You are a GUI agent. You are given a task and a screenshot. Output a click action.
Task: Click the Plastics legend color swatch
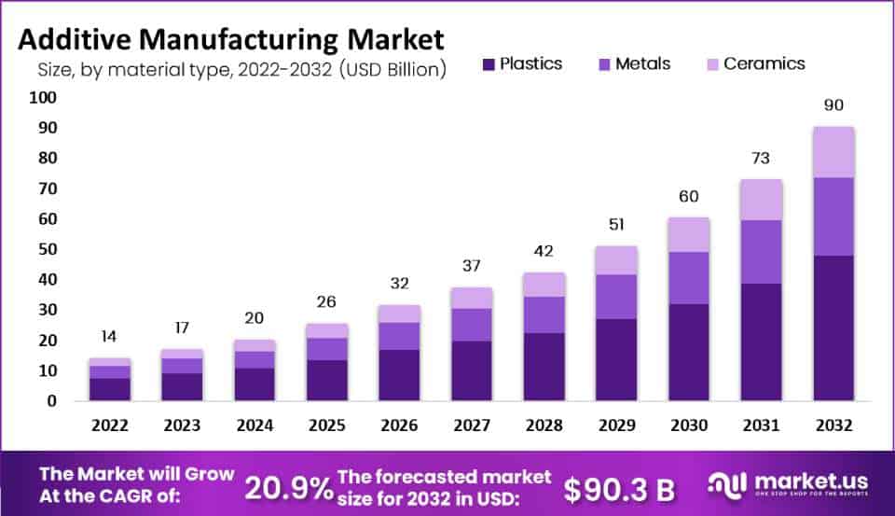(x=489, y=64)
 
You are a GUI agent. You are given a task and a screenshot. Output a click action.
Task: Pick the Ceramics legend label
(x=764, y=64)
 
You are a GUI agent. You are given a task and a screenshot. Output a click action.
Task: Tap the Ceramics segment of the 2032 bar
(x=833, y=152)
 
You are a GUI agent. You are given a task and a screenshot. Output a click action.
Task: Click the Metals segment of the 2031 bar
(x=762, y=252)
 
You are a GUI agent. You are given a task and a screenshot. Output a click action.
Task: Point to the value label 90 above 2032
(x=833, y=105)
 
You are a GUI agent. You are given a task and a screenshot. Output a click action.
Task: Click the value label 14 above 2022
(x=110, y=337)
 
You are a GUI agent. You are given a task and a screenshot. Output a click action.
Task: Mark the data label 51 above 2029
(x=616, y=225)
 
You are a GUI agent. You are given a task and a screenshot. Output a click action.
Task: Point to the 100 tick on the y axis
(x=44, y=98)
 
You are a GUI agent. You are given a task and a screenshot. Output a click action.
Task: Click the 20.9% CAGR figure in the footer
(x=287, y=485)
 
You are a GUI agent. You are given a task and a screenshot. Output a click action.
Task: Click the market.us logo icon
(x=727, y=483)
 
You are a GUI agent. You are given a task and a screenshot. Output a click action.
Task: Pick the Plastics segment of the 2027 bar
(x=472, y=371)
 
